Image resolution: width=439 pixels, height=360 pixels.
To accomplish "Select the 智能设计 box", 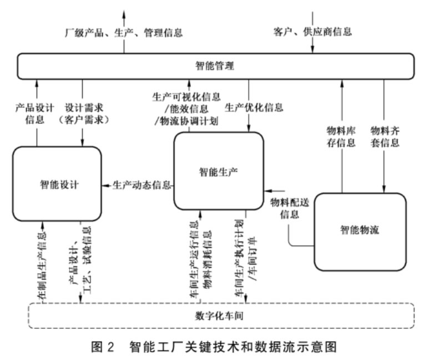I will coord(58,183).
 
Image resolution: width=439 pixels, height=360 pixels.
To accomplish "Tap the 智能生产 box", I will coord(218,172).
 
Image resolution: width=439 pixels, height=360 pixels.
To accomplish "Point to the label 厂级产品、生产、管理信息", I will coord(123,32).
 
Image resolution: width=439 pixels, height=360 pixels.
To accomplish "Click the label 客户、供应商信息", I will coord(312,32).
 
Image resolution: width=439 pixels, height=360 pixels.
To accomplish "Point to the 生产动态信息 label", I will coord(142,184).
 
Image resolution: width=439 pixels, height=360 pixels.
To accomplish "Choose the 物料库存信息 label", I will coord(341,137).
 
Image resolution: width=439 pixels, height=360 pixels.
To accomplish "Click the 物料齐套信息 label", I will coord(385,137).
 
